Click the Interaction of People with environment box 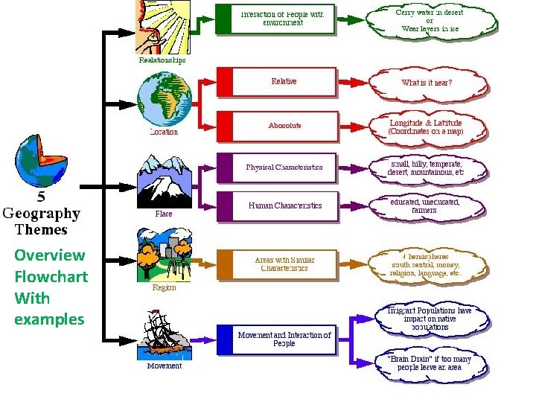(275, 19)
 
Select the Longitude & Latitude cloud (426, 127)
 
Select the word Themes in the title (42, 229)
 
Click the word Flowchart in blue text (51, 277)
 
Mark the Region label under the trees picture (164, 287)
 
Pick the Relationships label (162, 60)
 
